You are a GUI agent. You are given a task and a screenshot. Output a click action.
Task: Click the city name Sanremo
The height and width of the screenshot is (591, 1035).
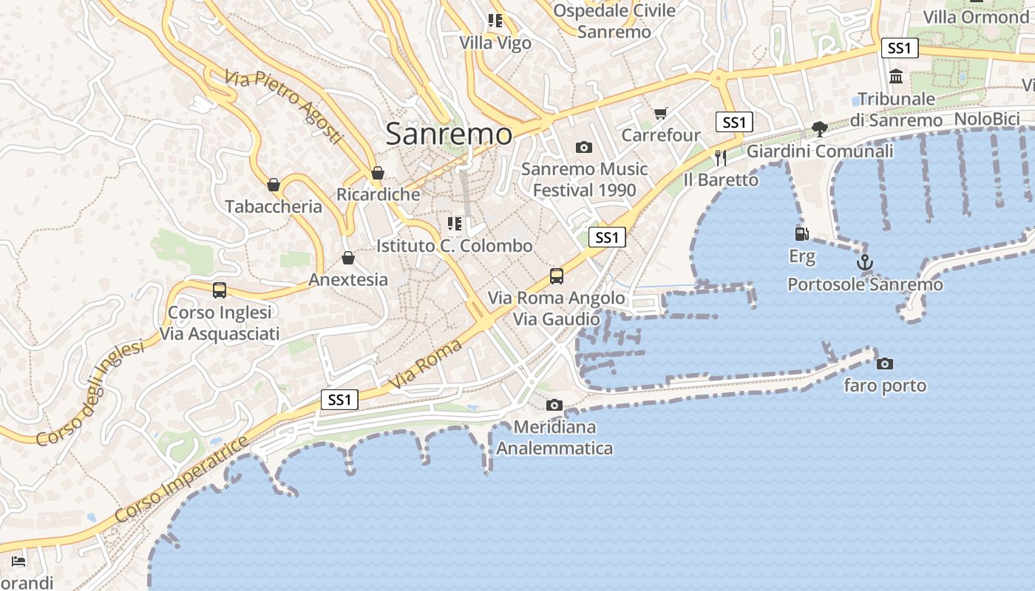click(x=449, y=134)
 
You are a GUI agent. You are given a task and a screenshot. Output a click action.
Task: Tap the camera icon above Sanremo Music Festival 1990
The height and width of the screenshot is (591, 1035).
click(x=583, y=147)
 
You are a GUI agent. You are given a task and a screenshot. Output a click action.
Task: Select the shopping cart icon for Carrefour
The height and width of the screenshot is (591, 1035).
click(x=660, y=113)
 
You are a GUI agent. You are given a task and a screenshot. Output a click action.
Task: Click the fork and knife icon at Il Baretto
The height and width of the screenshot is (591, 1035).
click(x=720, y=157)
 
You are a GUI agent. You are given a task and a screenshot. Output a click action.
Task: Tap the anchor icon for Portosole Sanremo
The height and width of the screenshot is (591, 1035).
click(x=864, y=262)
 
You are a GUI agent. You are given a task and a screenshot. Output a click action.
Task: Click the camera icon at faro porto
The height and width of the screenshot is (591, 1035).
click(x=884, y=363)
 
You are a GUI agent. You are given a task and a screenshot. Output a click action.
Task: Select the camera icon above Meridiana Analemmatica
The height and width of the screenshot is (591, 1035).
click(x=554, y=405)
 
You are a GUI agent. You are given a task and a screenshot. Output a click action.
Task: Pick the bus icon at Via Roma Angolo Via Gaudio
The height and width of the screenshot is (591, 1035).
click(x=556, y=276)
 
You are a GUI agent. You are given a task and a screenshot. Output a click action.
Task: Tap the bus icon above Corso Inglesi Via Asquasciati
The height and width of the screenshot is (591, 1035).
click(x=219, y=290)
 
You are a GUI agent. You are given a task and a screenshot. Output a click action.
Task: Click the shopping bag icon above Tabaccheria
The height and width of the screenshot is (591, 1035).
click(x=274, y=184)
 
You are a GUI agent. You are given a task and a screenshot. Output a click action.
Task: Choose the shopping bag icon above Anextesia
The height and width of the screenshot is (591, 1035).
click(x=347, y=258)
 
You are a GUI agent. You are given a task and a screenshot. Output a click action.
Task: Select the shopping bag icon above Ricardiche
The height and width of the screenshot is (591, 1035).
click(x=378, y=173)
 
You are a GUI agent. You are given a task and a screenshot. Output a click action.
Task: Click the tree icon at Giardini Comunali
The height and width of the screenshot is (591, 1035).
click(x=819, y=129)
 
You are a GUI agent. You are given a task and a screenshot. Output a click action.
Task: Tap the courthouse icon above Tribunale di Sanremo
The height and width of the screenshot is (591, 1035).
click(x=897, y=76)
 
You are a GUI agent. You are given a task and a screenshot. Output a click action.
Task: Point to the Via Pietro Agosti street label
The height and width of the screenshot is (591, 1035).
click(x=285, y=107)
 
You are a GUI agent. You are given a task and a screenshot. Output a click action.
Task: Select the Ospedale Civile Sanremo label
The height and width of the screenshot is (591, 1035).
click(x=614, y=21)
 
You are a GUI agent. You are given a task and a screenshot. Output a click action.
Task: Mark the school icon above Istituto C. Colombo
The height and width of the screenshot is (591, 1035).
click(x=455, y=223)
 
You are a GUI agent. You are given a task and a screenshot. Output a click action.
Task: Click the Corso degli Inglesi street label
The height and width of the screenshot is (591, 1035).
click(x=89, y=394)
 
